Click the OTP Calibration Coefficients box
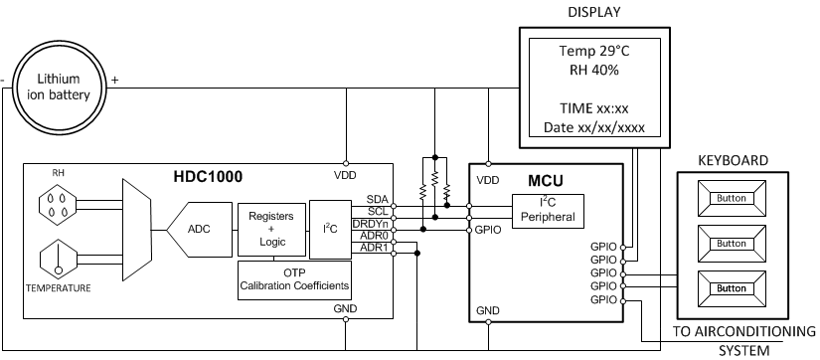(296, 281)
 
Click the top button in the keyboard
(731, 198)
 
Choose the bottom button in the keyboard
(731, 288)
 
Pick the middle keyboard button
(731, 243)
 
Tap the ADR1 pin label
(374, 248)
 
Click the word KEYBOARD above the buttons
(731, 159)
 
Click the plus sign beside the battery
(115, 81)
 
